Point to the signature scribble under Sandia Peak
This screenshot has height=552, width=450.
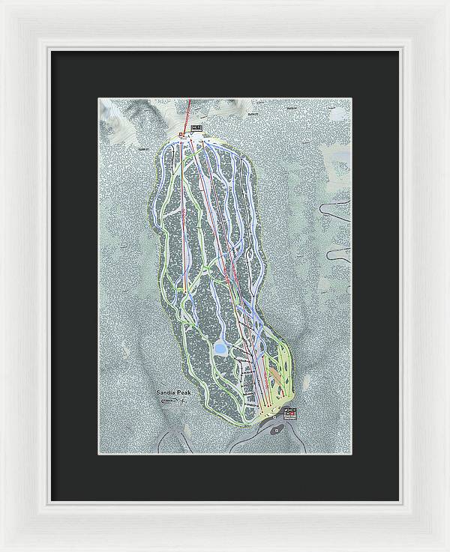(173, 402)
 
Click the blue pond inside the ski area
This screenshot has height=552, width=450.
(222, 348)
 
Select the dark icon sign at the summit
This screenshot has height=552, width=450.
(197, 128)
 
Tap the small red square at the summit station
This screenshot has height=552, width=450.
(181, 136)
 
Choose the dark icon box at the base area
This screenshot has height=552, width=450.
(291, 413)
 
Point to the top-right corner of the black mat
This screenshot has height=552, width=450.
(400, 50)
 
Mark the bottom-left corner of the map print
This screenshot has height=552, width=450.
(100, 454)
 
